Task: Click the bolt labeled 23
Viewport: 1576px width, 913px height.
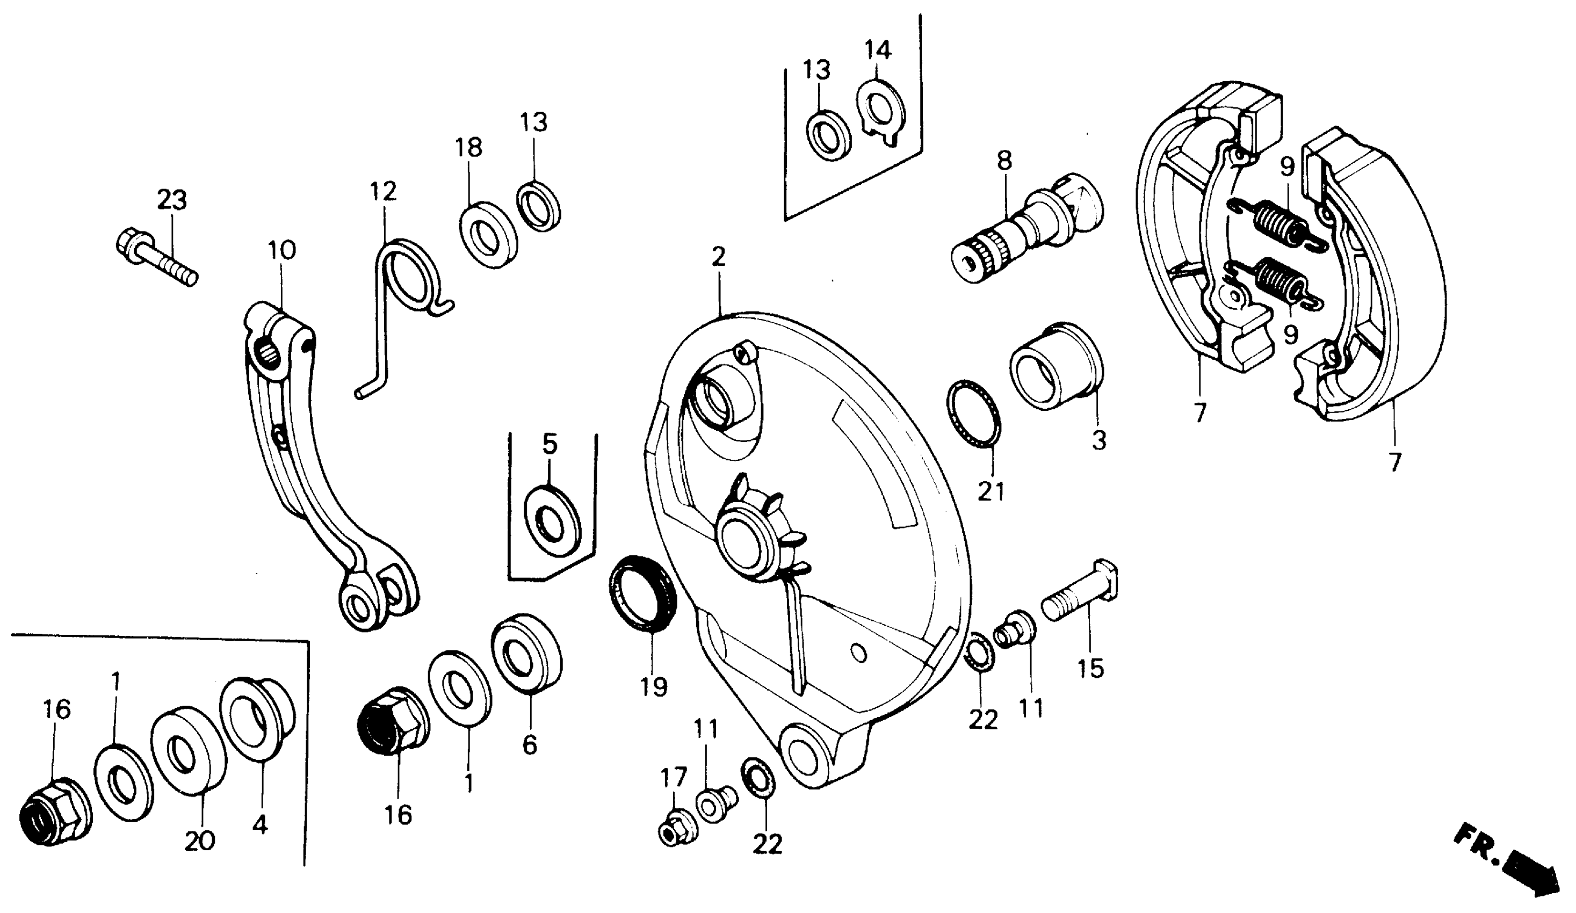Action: point(156,258)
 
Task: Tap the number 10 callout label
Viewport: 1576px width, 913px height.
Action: point(281,251)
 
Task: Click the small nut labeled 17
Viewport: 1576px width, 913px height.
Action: point(677,829)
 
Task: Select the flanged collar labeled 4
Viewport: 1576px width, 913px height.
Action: point(256,719)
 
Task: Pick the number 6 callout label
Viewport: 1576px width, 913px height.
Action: point(530,745)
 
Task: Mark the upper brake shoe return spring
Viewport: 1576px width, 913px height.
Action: point(1276,224)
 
